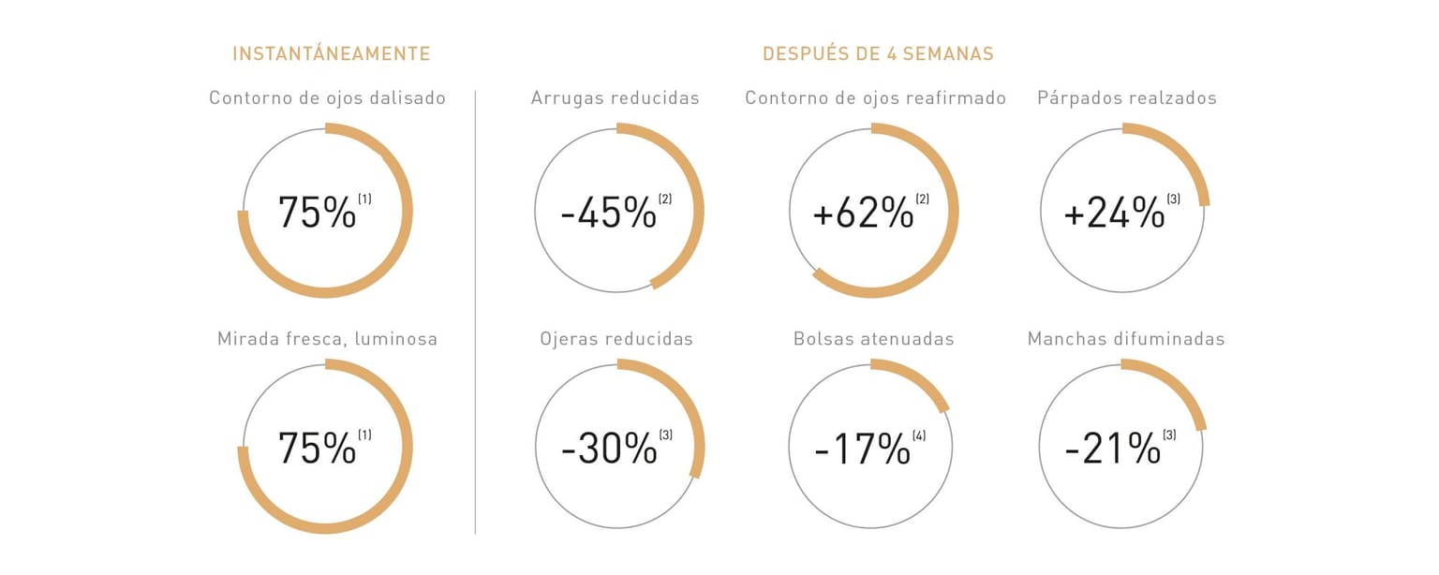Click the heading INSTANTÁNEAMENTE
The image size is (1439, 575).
click(x=331, y=53)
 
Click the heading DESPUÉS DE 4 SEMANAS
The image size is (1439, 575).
click(x=878, y=53)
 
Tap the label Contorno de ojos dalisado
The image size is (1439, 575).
click(x=327, y=98)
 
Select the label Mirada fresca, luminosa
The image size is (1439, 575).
click(x=327, y=339)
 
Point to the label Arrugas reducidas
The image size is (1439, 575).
click(x=615, y=98)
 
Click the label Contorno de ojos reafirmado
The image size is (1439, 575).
click(x=875, y=98)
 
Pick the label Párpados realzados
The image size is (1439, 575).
click(x=1126, y=98)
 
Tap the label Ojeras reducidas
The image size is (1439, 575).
click(x=616, y=339)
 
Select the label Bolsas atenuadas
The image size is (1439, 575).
click(x=873, y=339)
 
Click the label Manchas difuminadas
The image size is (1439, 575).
click(x=1125, y=339)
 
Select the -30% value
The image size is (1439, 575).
click(x=609, y=450)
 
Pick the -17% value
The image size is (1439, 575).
click(x=862, y=450)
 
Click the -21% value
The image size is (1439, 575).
click(x=1113, y=450)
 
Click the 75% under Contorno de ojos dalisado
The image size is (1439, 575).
click(x=317, y=213)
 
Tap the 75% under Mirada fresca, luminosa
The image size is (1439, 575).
click(x=317, y=449)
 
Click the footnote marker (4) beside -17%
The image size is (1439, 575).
click(x=919, y=435)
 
